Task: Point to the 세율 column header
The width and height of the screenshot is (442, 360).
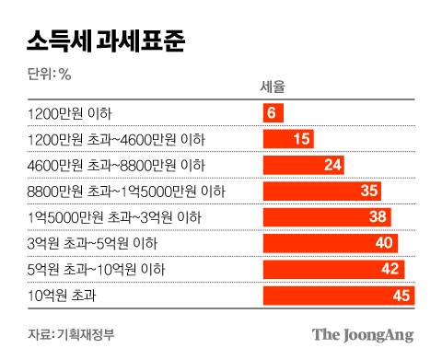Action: pyautogui.click(x=273, y=88)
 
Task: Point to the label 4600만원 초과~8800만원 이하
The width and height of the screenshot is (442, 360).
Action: pyautogui.click(x=117, y=166)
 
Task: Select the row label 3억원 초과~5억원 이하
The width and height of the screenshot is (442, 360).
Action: pyautogui.click(x=88, y=244)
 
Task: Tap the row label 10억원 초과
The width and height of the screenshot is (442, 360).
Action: pyautogui.click(x=62, y=296)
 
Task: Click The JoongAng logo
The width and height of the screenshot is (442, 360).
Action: pyautogui.click(x=361, y=333)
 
